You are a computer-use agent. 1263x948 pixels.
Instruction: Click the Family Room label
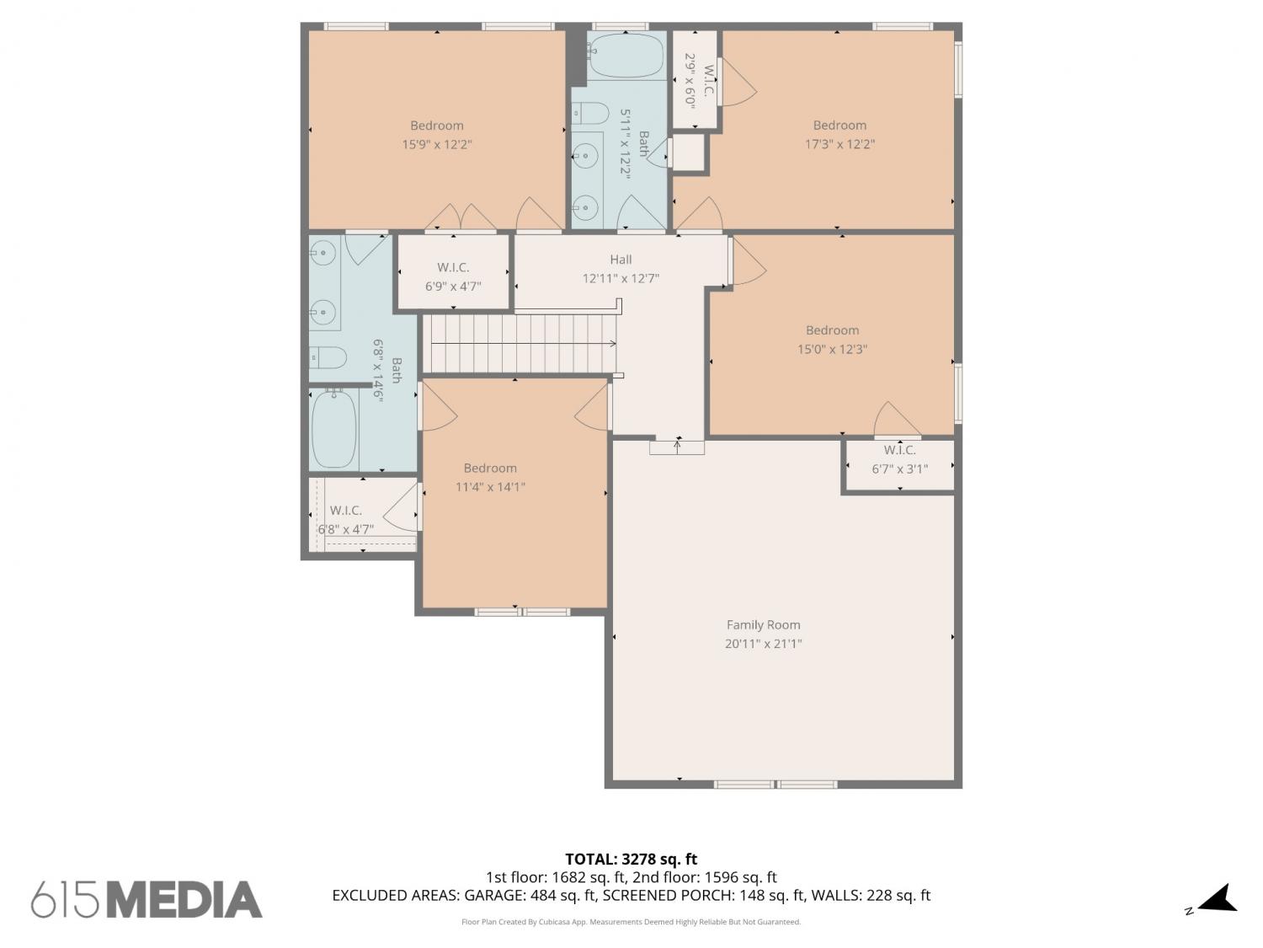763,624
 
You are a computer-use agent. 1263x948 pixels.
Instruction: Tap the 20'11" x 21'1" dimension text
763,644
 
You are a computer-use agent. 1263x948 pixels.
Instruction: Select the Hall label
621,260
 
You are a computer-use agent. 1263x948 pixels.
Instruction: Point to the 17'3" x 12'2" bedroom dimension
839,144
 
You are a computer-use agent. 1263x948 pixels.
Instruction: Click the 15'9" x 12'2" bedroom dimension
437,144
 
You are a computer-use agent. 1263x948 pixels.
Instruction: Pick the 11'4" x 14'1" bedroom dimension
490,487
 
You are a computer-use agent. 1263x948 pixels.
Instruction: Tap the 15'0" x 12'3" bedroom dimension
832,349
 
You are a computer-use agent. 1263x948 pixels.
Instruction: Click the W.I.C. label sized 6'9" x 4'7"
453,267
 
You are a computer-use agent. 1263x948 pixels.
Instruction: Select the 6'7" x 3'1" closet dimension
900,469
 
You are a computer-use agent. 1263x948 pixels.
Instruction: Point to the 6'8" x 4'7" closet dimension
346,529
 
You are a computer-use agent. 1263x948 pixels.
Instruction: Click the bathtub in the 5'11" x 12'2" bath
626,55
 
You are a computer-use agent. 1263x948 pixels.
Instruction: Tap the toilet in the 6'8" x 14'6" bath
328,357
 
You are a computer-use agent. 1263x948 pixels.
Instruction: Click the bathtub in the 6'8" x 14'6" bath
333,429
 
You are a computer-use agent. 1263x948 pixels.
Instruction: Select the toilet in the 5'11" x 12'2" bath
590,114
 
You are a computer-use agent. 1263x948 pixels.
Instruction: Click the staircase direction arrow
524,344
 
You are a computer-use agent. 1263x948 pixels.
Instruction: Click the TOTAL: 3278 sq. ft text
631,860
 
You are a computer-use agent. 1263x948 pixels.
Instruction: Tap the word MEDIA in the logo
185,900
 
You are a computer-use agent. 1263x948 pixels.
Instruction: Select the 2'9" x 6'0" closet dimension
690,81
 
